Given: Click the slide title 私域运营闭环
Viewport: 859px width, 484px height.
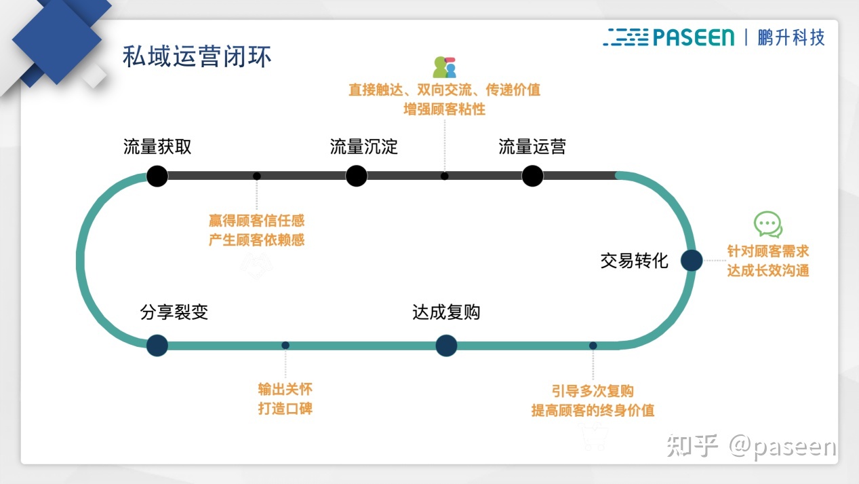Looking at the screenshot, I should tap(197, 56).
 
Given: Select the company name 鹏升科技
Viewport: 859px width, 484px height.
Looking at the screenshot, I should tap(791, 37).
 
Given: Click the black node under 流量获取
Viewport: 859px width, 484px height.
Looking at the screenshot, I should tap(157, 176).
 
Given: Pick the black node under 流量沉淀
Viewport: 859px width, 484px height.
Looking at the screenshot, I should tap(356, 176).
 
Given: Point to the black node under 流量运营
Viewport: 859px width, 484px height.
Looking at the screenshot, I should tap(532, 176).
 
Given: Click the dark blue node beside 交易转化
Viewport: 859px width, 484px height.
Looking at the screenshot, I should tap(691, 261).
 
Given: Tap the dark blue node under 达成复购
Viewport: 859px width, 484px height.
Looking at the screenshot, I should tap(446, 346).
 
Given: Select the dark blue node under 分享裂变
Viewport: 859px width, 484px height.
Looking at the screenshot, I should tap(157, 346).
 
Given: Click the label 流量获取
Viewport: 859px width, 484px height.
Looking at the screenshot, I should tap(157, 147).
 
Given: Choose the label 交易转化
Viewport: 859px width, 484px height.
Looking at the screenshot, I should tap(634, 261).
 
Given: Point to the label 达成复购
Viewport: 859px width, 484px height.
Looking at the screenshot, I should tap(446, 312).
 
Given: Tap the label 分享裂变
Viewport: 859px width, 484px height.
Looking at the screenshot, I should tap(174, 312).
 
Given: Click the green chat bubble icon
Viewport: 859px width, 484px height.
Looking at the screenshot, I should tap(768, 225).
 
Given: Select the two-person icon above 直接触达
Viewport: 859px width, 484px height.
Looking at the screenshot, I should tap(445, 67).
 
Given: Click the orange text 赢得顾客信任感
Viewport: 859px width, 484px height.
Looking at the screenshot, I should tap(257, 221).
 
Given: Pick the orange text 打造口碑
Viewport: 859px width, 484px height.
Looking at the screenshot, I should tap(285, 409).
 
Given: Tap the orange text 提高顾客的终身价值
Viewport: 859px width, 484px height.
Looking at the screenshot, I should tap(593, 411).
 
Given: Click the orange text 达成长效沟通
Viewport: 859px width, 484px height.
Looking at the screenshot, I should tap(768, 270).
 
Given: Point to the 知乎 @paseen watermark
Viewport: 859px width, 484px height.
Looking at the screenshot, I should tap(752, 446).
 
